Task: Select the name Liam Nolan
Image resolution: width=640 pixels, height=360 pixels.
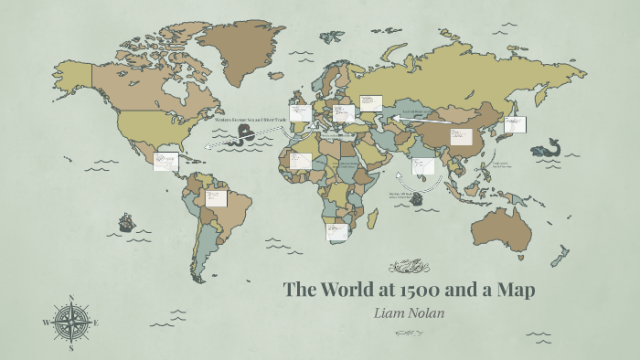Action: pos(409,313)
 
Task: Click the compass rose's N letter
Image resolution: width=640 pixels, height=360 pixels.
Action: pos(71,298)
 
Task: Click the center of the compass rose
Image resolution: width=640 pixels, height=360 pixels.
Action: pos(71,323)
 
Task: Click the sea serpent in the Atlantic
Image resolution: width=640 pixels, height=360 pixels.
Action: pos(246,134)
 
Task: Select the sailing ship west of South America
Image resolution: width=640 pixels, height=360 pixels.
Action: pos(125,222)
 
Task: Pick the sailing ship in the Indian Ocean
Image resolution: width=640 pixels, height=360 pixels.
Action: pos(418,197)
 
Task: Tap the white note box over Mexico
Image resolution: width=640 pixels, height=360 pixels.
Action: pos(166,161)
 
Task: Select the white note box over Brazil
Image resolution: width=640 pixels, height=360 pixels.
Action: pos(216,198)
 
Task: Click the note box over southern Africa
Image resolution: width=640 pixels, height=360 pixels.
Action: pos(337,232)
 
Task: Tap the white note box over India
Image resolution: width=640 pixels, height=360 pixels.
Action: pos(422,165)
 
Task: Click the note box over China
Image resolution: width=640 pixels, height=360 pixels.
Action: pos(460,137)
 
